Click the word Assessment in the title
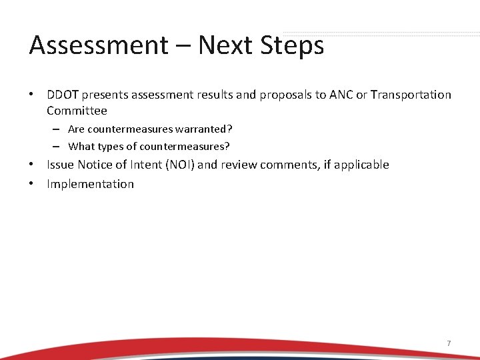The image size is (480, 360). [x=99, y=45]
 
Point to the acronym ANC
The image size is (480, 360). [x=340, y=95]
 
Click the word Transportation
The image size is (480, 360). [x=411, y=95]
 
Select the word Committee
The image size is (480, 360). [x=77, y=111]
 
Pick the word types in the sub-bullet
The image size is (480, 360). [x=113, y=146]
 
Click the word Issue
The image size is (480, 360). [x=60, y=165]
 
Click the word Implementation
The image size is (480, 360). [x=90, y=184]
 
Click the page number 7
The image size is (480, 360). [x=449, y=343]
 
